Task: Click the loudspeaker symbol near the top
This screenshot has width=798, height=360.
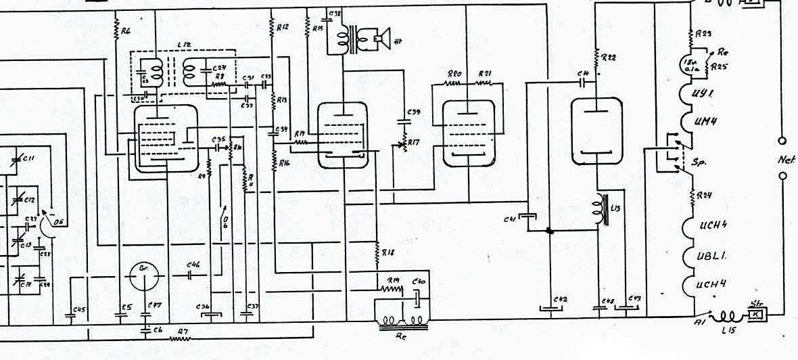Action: (x=375, y=39)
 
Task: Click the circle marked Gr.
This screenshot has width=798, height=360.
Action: (x=144, y=275)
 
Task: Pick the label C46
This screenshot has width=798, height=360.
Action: (x=193, y=265)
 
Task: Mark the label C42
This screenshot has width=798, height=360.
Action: (x=561, y=299)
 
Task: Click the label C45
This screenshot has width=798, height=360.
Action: (x=78, y=310)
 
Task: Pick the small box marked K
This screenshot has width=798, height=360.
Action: (x=754, y=315)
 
